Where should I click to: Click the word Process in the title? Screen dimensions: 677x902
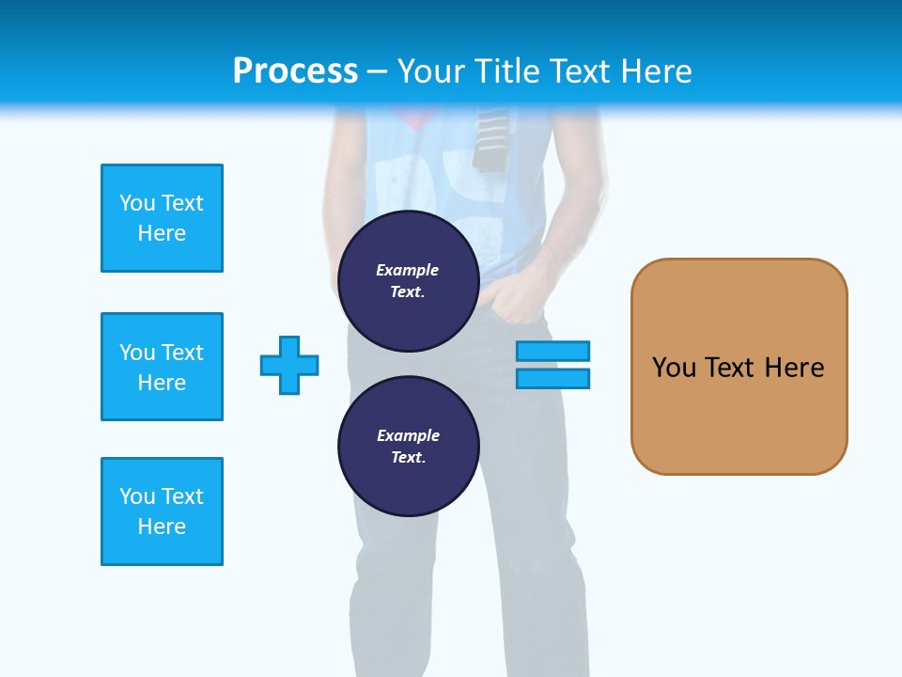295,71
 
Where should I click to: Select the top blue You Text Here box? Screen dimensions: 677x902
162,218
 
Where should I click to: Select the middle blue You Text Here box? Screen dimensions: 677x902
162,367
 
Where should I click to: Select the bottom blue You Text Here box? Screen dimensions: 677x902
162,512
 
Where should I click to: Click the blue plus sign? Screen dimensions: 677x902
289,365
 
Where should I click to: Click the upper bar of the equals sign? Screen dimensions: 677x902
552,351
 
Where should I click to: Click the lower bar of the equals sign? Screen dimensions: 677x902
552,378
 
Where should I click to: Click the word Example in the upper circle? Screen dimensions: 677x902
408,270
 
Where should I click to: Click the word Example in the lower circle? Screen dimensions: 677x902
408,435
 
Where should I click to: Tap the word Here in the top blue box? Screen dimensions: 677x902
162,233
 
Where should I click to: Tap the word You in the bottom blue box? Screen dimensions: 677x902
137,496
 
